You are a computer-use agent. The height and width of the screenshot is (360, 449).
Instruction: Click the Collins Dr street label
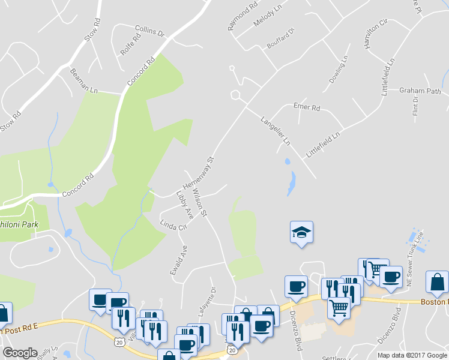click(x=150, y=31)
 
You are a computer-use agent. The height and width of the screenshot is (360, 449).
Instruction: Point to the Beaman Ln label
click(x=84, y=81)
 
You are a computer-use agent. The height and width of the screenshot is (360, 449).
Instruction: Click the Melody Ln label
click(x=267, y=13)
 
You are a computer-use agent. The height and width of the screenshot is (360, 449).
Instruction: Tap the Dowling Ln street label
click(x=338, y=70)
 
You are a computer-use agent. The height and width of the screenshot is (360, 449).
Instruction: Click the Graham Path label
click(x=420, y=91)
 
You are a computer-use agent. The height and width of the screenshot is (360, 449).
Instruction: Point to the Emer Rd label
click(x=307, y=107)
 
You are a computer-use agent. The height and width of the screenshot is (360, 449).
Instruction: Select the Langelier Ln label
click(x=275, y=131)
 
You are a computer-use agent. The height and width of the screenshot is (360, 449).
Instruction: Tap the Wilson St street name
click(x=200, y=203)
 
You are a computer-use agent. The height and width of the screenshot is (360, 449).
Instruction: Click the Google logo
click(x=20, y=352)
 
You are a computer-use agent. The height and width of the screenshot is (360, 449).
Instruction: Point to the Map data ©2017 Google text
click(x=412, y=355)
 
